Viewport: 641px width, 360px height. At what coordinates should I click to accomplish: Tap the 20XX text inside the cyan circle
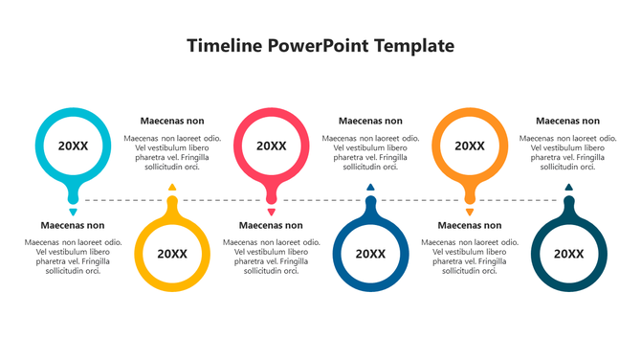(x=73, y=146)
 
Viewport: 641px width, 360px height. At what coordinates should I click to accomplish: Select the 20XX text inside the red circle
(x=272, y=146)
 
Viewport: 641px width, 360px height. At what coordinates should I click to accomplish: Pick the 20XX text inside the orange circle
(x=469, y=146)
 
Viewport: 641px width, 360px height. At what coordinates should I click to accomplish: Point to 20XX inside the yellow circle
(x=172, y=254)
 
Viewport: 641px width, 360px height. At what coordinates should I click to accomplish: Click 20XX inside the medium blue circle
(x=370, y=254)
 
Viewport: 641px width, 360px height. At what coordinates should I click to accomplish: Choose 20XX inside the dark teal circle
(x=568, y=254)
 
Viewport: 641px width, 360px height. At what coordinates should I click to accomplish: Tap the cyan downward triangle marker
(x=73, y=212)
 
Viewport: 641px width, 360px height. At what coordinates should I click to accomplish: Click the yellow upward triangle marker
(x=172, y=188)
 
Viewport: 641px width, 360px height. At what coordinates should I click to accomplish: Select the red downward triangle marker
(x=272, y=212)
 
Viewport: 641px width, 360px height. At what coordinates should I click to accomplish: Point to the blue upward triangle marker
(x=370, y=188)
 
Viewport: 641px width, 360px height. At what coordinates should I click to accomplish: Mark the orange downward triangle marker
(x=469, y=212)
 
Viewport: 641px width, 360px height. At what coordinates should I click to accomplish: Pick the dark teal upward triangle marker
(x=568, y=188)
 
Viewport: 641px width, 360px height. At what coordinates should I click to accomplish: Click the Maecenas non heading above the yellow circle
(x=172, y=121)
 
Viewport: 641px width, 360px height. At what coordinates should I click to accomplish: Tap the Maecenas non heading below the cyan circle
(x=73, y=226)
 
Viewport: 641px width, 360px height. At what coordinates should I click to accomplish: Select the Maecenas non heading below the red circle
(x=271, y=226)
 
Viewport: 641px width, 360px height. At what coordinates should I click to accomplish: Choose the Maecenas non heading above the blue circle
(x=370, y=121)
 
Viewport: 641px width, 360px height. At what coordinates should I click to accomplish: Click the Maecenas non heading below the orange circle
(x=469, y=226)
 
